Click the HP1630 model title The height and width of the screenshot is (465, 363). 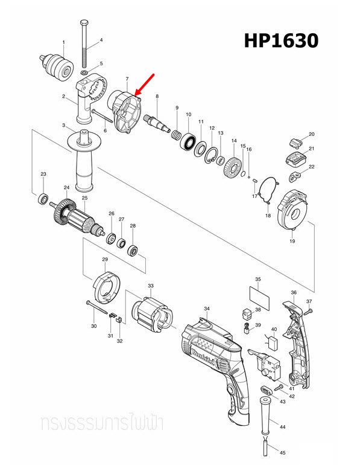280,40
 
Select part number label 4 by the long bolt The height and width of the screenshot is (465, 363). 101,40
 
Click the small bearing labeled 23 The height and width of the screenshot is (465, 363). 43,198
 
